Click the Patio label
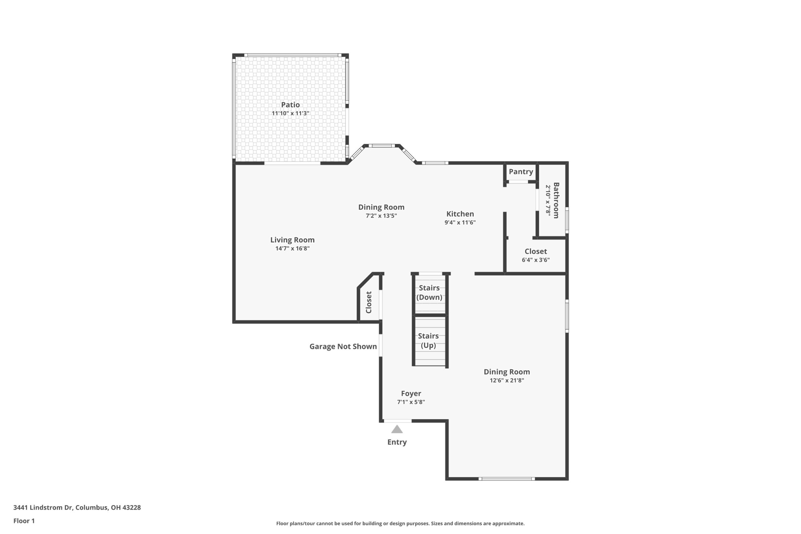pyautogui.click(x=290, y=105)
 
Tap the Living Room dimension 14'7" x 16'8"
pyautogui.click(x=293, y=249)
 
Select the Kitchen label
pyautogui.click(x=460, y=214)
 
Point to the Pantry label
pyautogui.click(x=521, y=172)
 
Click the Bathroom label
pyautogui.click(x=556, y=200)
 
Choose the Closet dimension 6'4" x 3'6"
pyautogui.click(x=536, y=260)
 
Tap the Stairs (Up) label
pyautogui.click(x=428, y=341)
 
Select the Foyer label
pyautogui.click(x=411, y=394)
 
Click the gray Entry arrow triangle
pyautogui.click(x=397, y=430)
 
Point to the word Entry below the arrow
pyautogui.click(x=397, y=442)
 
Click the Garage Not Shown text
pyautogui.click(x=343, y=347)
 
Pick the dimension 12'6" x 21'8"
pyautogui.click(x=507, y=380)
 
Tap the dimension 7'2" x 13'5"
pyautogui.click(x=381, y=216)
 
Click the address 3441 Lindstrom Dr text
pyautogui.click(x=43, y=507)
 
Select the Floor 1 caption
pyautogui.click(x=24, y=521)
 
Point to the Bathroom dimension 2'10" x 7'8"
pyautogui.click(x=548, y=200)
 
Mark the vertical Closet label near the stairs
pyautogui.click(x=369, y=303)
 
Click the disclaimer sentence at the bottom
pyautogui.click(x=400, y=523)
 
